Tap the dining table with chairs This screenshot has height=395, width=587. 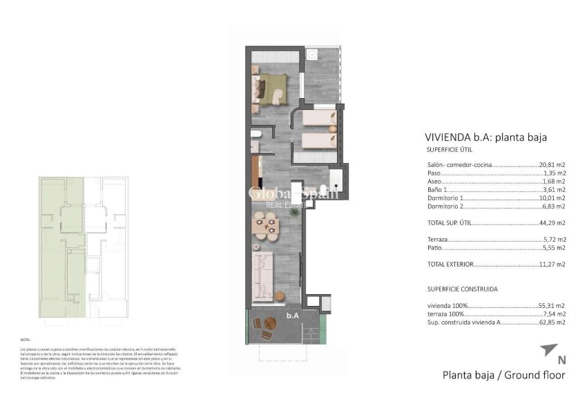pos(267,224)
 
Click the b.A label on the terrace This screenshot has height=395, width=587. pos(293,315)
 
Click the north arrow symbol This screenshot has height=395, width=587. pos(550,349)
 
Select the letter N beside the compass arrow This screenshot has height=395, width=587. pos(561,359)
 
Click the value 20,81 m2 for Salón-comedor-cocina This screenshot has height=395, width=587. pos(552,165)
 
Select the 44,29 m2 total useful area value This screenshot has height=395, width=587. pos(552,223)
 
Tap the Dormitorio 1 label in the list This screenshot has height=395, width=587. pos(446,198)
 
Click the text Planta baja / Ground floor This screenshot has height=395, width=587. pos(503,375)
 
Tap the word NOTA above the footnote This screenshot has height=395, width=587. pos(26,340)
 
